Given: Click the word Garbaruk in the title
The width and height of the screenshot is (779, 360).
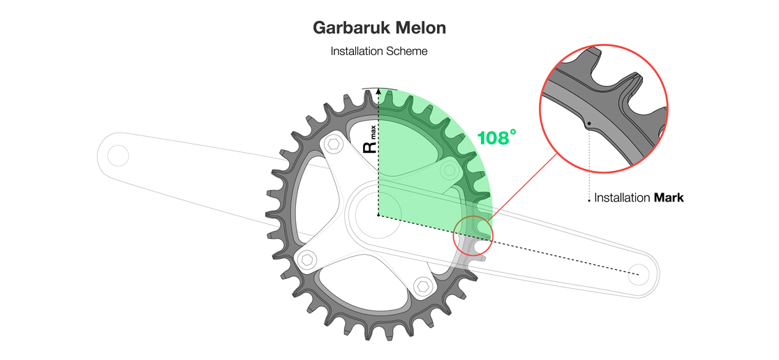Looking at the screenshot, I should coord(351,28).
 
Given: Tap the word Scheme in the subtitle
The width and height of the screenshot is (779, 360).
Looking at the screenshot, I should coord(408,51).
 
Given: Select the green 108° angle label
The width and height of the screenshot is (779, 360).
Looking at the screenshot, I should coord(496,137).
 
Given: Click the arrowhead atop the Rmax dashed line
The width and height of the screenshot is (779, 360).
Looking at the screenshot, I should coord(378,91).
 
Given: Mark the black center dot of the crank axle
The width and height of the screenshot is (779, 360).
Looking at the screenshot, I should coord(378,216).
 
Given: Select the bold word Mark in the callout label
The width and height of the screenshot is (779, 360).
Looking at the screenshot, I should coord(668,198).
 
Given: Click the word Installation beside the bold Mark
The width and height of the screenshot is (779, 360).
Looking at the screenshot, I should coord(622,198).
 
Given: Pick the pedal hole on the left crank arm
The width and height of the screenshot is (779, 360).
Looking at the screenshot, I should coord(117,155).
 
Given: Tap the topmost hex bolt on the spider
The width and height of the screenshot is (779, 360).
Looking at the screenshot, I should coord(334,144).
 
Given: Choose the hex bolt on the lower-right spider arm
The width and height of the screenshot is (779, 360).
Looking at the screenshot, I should coord(421,286).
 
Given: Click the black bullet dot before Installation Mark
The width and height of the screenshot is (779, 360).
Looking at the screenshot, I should coord(589,200).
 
